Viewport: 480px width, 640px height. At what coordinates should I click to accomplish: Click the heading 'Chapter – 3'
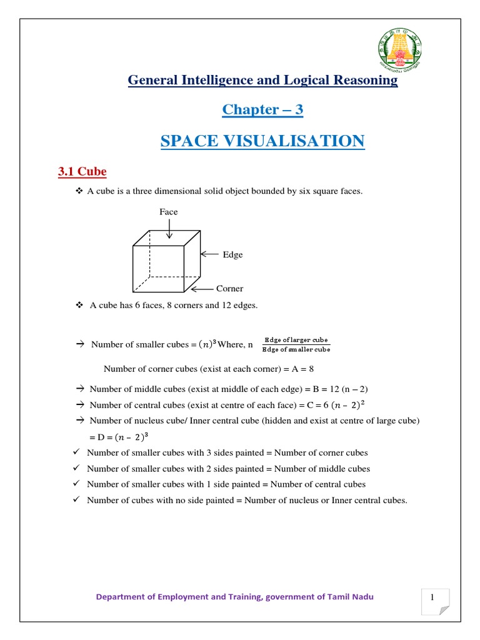(262, 110)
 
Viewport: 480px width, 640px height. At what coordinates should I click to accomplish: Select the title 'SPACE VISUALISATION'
(262, 141)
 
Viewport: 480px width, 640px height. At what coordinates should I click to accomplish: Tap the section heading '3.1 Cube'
(82, 172)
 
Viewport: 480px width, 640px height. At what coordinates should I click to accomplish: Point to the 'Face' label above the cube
(169, 212)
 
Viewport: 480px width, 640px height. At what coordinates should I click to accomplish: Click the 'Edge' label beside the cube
(232, 254)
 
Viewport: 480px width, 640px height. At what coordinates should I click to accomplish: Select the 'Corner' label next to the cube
(229, 289)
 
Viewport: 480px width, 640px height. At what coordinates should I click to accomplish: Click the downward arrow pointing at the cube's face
(169, 229)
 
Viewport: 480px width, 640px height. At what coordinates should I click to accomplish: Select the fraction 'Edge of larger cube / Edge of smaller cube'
(296, 344)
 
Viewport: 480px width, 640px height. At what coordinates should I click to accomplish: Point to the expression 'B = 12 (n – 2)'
(341, 389)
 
